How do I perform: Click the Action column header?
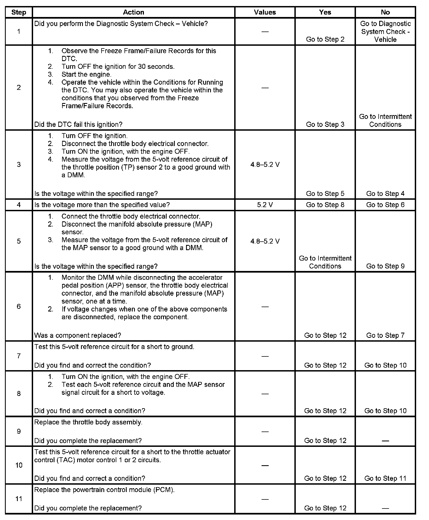(x=133, y=12)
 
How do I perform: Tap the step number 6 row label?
(x=19, y=306)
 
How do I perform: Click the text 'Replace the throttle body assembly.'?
(x=88, y=422)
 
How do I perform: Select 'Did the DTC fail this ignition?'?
(x=78, y=124)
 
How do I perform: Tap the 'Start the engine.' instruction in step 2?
(x=86, y=75)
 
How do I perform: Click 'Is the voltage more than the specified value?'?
(x=102, y=205)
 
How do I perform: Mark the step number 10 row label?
(x=19, y=465)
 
